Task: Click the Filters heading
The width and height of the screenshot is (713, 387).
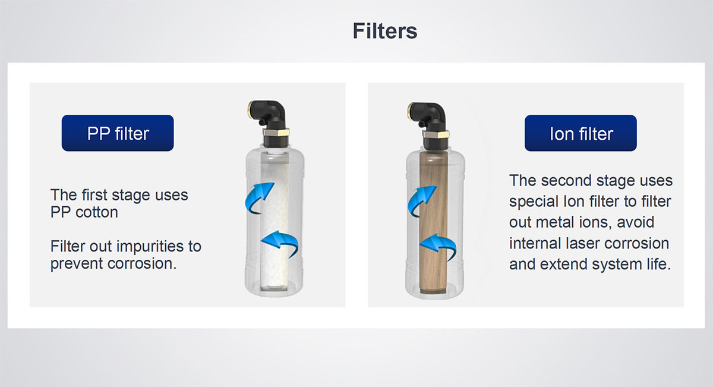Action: click(x=385, y=30)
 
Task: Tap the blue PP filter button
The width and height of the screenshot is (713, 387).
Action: click(x=118, y=133)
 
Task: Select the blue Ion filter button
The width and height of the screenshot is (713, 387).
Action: click(x=581, y=133)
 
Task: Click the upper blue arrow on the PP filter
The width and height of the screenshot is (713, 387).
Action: click(x=258, y=197)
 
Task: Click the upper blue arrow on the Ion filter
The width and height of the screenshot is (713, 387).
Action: click(x=420, y=201)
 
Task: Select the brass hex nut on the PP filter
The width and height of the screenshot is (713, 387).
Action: click(x=276, y=132)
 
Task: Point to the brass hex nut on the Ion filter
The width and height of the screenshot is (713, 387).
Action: click(x=436, y=134)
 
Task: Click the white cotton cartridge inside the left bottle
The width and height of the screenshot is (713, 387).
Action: click(x=275, y=221)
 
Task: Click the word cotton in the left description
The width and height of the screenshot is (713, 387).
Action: click(x=97, y=212)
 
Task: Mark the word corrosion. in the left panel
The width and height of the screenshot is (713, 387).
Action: click(x=142, y=263)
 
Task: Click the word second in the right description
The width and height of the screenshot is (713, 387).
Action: click(x=564, y=181)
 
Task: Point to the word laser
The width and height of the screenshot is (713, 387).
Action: click(x=583, y=243)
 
